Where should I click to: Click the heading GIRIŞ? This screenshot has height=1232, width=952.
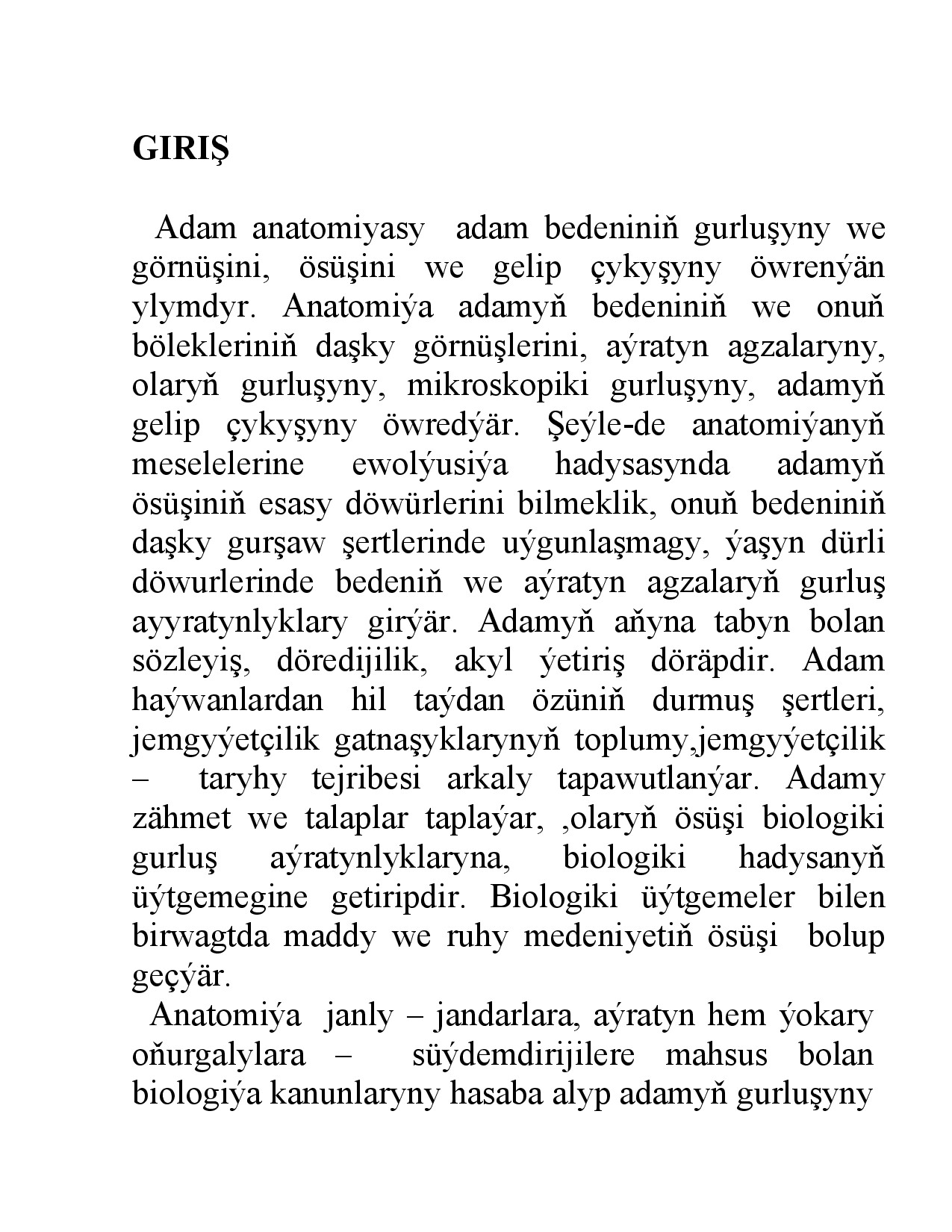pyautogui.click(x=181, y=149)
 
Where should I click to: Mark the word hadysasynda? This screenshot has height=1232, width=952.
pyautogui.click(x=642, y=465)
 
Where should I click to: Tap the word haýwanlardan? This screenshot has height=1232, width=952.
pyautogui.click(x=228, y=701)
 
